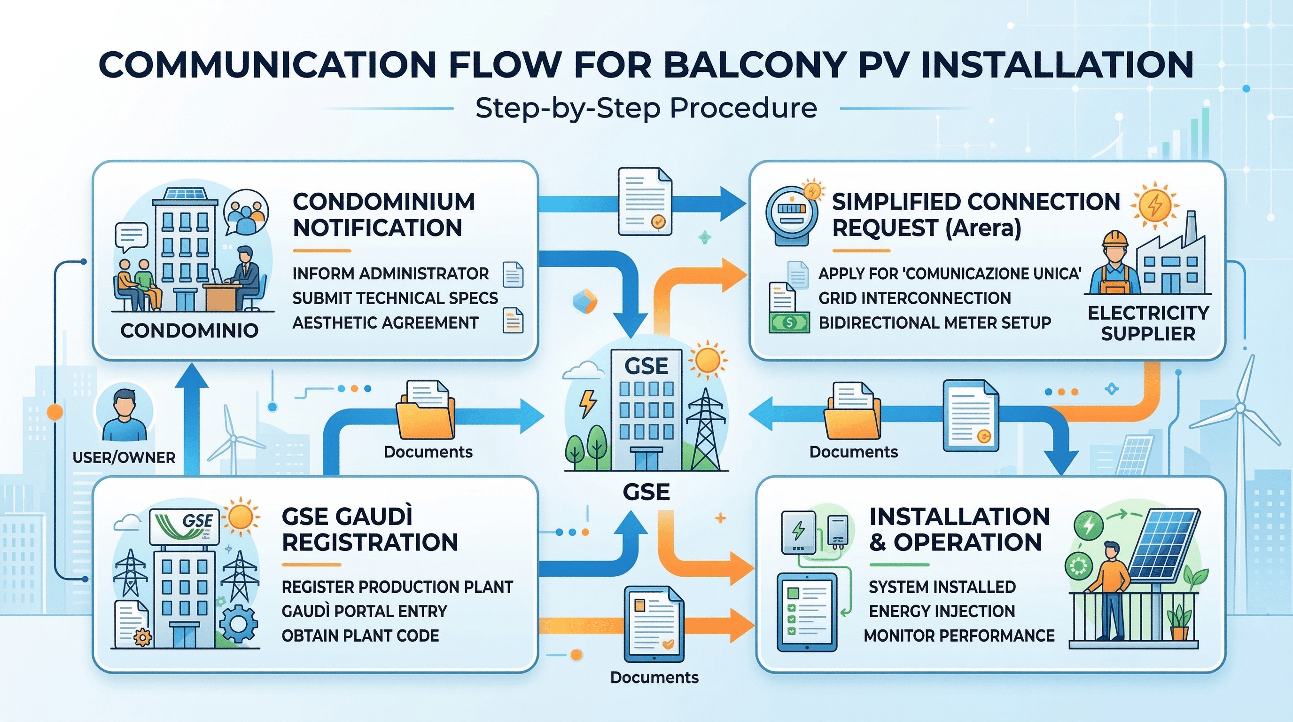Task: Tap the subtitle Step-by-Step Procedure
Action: point(646,108)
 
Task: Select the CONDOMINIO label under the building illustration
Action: point(189,330)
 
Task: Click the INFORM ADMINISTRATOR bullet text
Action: point(390,274)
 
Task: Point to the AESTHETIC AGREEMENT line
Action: point(385,323)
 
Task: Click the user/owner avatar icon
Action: point(124,414)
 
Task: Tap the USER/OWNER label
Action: point(124,457)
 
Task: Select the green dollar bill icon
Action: point(789,322)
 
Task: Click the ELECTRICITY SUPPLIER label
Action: point(1148,323)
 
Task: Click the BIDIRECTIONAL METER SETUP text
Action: point(935,323)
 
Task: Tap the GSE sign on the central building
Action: point(646,366)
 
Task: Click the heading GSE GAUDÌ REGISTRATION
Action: point(370,529)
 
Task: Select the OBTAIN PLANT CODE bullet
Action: point(360,636)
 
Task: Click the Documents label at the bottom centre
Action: point(654,677)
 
